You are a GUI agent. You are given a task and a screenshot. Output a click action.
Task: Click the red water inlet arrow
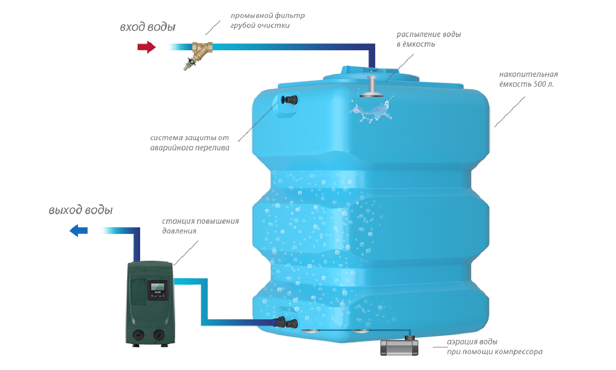coord(146,47)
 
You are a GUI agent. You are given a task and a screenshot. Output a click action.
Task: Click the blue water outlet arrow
coord(78,231)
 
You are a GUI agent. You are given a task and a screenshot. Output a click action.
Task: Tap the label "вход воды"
coord(147,27)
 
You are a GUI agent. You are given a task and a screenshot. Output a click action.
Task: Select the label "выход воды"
coord(81,210)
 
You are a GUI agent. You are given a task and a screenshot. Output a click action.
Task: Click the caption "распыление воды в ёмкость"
coord(428,40)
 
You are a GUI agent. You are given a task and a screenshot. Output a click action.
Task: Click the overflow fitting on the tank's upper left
coord(289,100)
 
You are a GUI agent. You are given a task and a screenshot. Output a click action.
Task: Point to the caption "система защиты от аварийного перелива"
coord(190,143)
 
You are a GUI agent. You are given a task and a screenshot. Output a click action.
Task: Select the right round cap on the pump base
coord(160,337)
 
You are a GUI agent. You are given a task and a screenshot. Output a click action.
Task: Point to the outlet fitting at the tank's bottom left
coord(285,323)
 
